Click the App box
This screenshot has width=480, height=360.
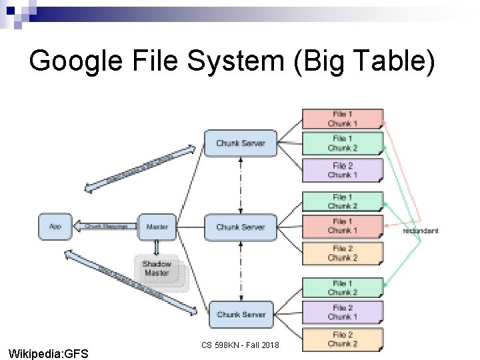(x=55, y=227)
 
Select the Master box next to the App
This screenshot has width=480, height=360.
(x=157, y=227)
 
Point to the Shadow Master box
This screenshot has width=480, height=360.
(x=157, y=269)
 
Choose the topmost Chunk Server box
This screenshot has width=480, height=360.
(x=240, y=143)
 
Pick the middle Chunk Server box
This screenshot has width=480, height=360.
(x=240, y=227)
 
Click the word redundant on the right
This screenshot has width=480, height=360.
(x=421, y=231)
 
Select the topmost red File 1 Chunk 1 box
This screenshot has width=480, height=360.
(x=343, y=119)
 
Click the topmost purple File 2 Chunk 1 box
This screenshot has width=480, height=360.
(x=343, y=170)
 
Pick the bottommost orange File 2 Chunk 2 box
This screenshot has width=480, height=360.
(x=343, y=339)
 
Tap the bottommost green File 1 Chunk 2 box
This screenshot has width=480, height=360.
(x=343, y=288)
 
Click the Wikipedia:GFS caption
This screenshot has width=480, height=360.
(x=47, y=353)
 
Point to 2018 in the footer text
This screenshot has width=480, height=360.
(x=269, y=345)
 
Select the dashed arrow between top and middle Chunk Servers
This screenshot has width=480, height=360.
(x=240, y=185)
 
